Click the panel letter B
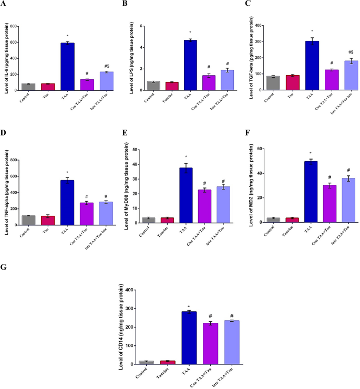point(125,4)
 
